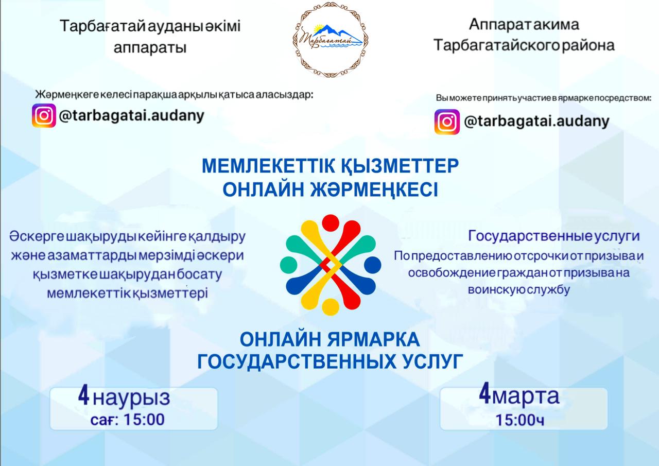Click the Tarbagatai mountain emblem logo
[330, 38]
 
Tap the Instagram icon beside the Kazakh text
[44, 115]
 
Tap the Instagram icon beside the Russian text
[446, 122]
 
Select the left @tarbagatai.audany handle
[132, 115]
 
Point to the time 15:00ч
[520, 420]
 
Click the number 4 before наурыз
[84, 396]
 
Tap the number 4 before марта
[484, 395]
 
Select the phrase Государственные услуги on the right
[553, 236]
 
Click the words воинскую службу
[518, 289]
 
